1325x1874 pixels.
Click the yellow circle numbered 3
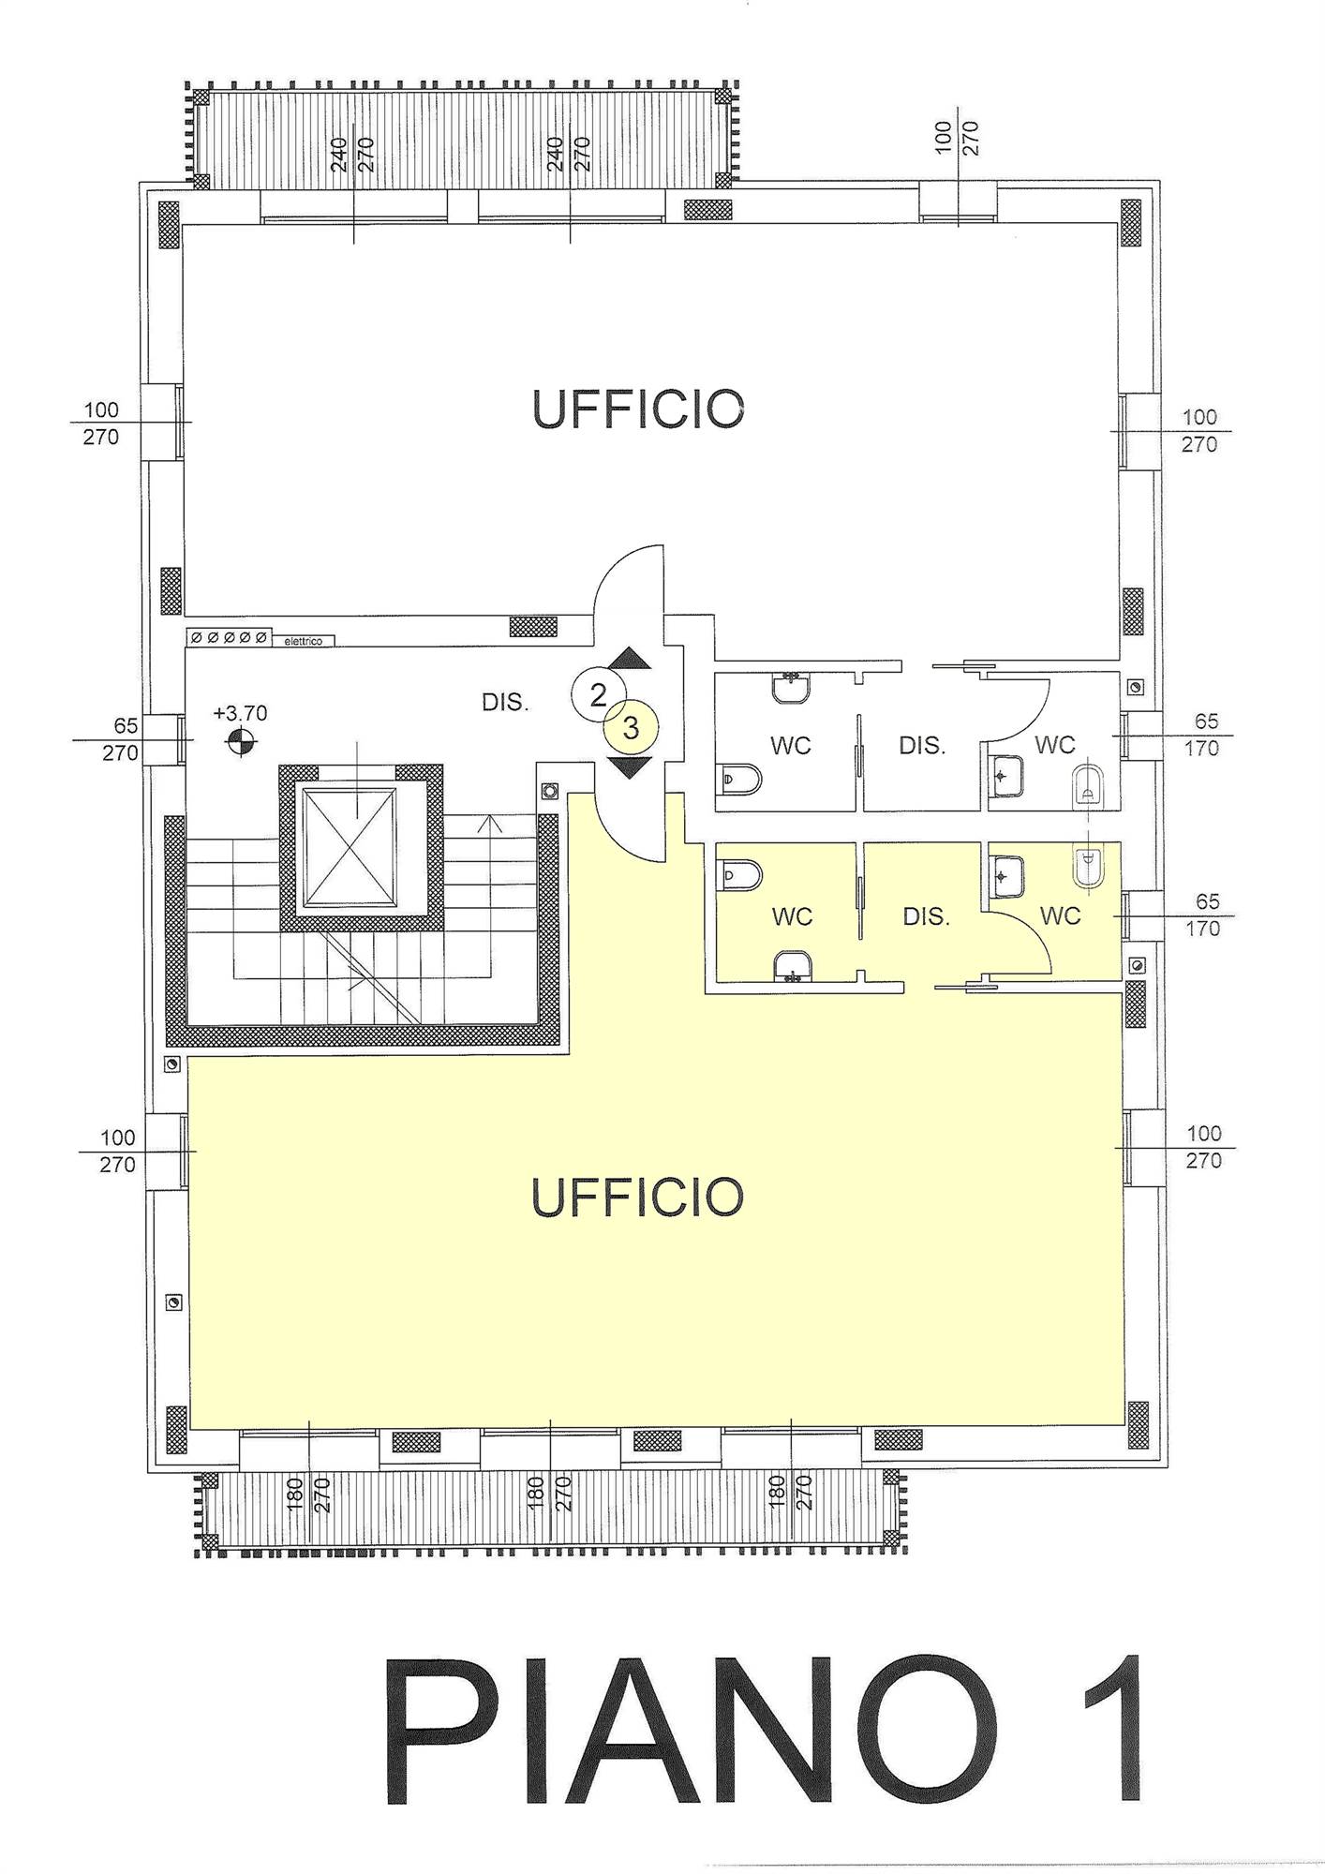(x=631, y=727)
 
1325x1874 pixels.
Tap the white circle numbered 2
(x=598, y=694)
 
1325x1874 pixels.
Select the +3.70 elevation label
(x=240, y=713)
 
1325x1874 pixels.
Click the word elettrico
(x=303, y=641)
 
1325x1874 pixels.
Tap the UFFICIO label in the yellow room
(x=637, y=1197)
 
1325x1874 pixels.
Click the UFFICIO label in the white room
(x=637, y=409)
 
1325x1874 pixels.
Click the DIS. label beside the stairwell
(x=505, y=702)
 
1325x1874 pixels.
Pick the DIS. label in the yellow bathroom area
(x=926, y=916)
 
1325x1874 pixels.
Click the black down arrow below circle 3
(x=630, y=768)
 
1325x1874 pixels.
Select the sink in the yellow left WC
(x=793, y=966)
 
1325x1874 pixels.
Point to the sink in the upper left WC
(x=791, y=688)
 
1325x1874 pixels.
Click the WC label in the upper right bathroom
(x=1054, y=745)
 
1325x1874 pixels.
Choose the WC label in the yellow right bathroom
(x=1060, y=915)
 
